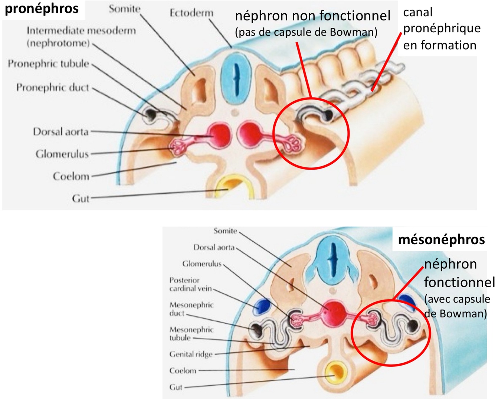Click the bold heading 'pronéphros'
click(x=41, y=9)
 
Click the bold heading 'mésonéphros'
click(x=441, y=240)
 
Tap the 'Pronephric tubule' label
click(x=49, y=64)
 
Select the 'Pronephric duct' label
click(x=53, y=88)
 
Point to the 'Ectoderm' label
click(x=191, y=13)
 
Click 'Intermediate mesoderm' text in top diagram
click(x=81, y=30)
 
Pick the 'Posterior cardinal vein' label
click(x=190, y=284)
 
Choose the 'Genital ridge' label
click(x=191, y=354)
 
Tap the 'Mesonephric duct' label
click(x=191, y=309)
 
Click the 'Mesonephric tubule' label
click(x=191, y=333)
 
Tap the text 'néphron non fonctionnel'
click(x=312, y=16)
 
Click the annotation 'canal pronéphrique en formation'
click(x=441, y=29)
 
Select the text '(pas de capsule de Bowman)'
click(x=306, y=32)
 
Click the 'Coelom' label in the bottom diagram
click(x=183, y=370)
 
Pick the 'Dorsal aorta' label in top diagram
click(x=61, y=132)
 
